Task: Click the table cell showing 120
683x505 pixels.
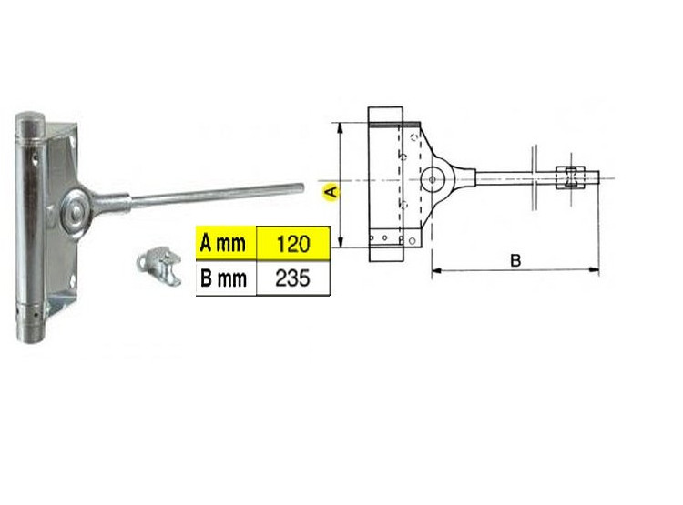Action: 293,243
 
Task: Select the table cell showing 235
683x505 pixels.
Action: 293,278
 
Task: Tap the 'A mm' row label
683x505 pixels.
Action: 223,243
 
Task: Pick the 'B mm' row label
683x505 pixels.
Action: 223,278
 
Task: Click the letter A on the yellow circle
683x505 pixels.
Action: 331,192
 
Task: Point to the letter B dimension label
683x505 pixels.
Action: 515,260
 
